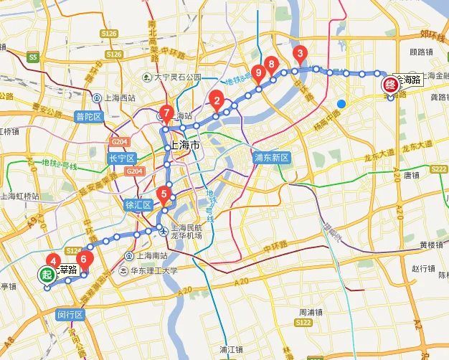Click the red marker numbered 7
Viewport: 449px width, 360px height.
point(166,113)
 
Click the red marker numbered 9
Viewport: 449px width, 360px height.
point(259,72)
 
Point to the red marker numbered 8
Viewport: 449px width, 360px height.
point(271,65)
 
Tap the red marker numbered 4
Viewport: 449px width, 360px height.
point(52,262)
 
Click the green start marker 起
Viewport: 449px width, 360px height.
point(47,274)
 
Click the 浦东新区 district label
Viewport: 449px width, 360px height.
point(271,157)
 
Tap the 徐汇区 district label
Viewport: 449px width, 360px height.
point(139,204)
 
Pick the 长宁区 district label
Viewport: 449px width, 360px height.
point(121,158)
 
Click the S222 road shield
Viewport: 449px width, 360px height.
point(437,169)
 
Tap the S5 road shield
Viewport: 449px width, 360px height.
point(32,56)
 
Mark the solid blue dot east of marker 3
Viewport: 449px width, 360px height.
point(341,104)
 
